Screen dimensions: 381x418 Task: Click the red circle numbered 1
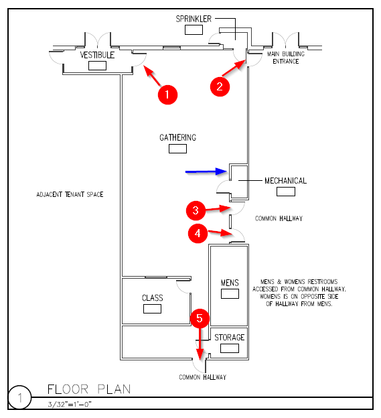[x=167, y=94]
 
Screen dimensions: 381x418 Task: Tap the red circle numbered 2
[x=220, y=86]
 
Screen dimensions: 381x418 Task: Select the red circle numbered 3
[x=196, y=210]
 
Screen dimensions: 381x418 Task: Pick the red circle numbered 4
[x=198, y=234]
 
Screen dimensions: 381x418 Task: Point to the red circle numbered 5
[x=200, y=318]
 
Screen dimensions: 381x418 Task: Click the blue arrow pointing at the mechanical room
[x=206, y=171]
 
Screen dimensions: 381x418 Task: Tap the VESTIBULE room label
[x=97, y=55]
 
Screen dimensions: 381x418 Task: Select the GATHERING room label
[x=177, y=137]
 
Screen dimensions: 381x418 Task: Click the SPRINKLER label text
[x=194, y=19]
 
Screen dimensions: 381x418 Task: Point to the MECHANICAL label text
[x=286, y=181]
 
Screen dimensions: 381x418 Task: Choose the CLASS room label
[x=152, y=298]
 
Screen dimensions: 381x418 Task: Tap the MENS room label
[x=230, y=283]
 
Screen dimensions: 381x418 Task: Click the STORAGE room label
[x=230, y=338]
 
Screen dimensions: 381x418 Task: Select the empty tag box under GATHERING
[x=177, y=149]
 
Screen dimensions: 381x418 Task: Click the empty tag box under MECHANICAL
[x=286, y=192]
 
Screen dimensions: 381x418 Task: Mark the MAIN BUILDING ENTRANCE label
[x=286, y=58]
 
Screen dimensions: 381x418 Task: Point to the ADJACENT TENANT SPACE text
[x=70, y=195]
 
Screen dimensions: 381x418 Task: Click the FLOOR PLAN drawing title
[x=89, y=389]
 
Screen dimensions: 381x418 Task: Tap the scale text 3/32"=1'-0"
[x=70, y=405]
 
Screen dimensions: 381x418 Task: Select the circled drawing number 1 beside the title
[x=20, y=398]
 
